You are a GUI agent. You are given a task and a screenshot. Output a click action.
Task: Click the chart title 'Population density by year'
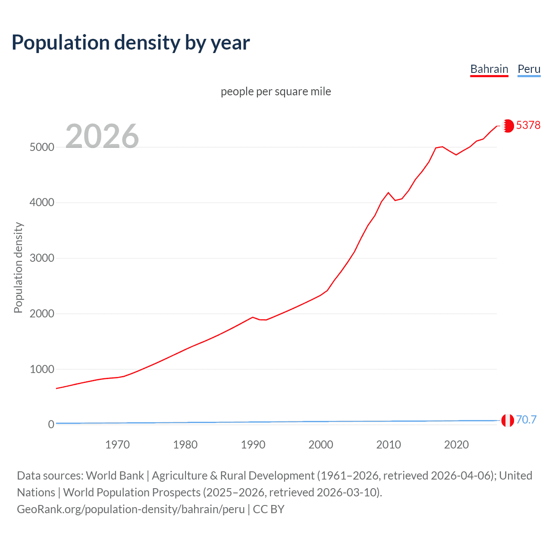pyautogui.click(x=131, y=43)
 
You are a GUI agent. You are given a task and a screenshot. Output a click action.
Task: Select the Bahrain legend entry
pyautogui.click(x=489, y=69)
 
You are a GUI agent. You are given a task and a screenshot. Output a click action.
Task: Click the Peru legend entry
pyautogui.click(x=529, y=69)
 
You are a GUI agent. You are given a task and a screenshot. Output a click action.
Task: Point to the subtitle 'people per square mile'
pyautogui.click(x=276, y=91)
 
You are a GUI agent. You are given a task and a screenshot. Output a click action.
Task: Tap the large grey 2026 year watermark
pyautogui.click(x=102, y=136)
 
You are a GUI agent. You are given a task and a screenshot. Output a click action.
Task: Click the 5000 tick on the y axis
pyautogui.click(x=42, y=147)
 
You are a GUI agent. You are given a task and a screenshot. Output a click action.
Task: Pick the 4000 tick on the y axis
pyautogui.click(x=42, y=202)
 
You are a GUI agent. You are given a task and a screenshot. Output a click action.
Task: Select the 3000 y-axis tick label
pyautogui.click(x=42, y=258)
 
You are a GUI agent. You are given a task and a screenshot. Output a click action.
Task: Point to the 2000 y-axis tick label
pyautogui.click(x=42, y=314)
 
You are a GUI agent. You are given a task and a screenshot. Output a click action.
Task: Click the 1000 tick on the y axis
pyautogui.click(x=42, y=369)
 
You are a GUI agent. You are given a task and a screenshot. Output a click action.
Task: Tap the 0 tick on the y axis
pyautogui.click(x=51, y=424)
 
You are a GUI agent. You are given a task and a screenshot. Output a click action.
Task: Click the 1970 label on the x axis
pyautogui.click(x=117, y=445)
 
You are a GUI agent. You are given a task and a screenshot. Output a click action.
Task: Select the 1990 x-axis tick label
pyautogui.click(x=253, y=445)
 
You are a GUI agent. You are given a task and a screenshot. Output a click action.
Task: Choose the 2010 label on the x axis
pyautogui.click(x=389, y=445)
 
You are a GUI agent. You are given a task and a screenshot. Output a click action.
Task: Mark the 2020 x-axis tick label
pyautogui.click(x=456, y=445)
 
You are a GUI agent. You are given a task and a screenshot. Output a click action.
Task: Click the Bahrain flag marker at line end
pyautogui.click(x=508, y=125)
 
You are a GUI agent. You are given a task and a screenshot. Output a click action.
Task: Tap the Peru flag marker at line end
pyautogui.click(x=508, y=420)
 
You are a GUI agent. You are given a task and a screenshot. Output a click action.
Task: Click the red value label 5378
pyautogui.click(x=528, y=125)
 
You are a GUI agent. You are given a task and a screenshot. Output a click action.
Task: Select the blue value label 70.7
pyautogui.click(x=526, y=420)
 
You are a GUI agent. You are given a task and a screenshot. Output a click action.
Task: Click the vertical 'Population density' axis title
pyautogui.click(x=18, y=267)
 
